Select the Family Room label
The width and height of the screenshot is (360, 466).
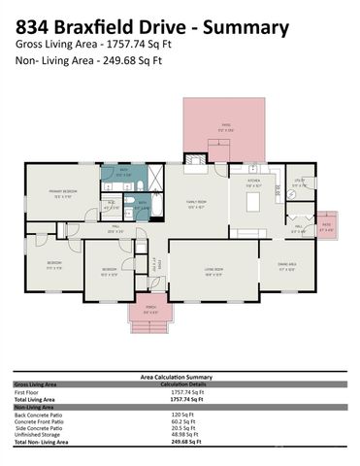pos(197,204)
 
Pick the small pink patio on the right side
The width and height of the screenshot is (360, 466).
pos(327,229)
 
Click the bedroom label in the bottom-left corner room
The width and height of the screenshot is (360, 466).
pos(54,264)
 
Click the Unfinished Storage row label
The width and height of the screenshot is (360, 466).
pos(40,434)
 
